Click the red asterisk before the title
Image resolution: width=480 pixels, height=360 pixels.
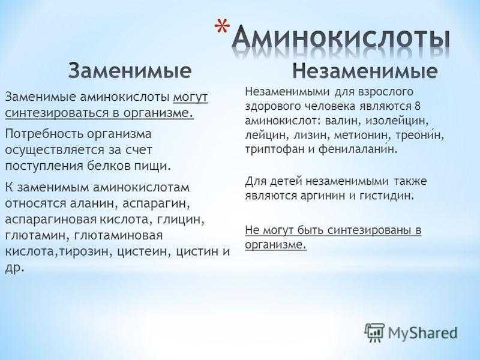(x=222, y=26)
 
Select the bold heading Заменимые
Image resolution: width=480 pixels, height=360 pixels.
(x=130, y=71)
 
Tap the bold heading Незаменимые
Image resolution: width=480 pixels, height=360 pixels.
(x=365, y=71)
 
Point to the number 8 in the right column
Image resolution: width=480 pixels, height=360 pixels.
(x=417, y=106)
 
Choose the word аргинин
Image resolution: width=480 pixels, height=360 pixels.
(x=323, y=196)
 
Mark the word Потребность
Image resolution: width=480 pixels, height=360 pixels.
(x=44, y=134)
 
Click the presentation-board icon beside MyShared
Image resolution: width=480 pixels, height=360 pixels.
(x=374, y=332)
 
